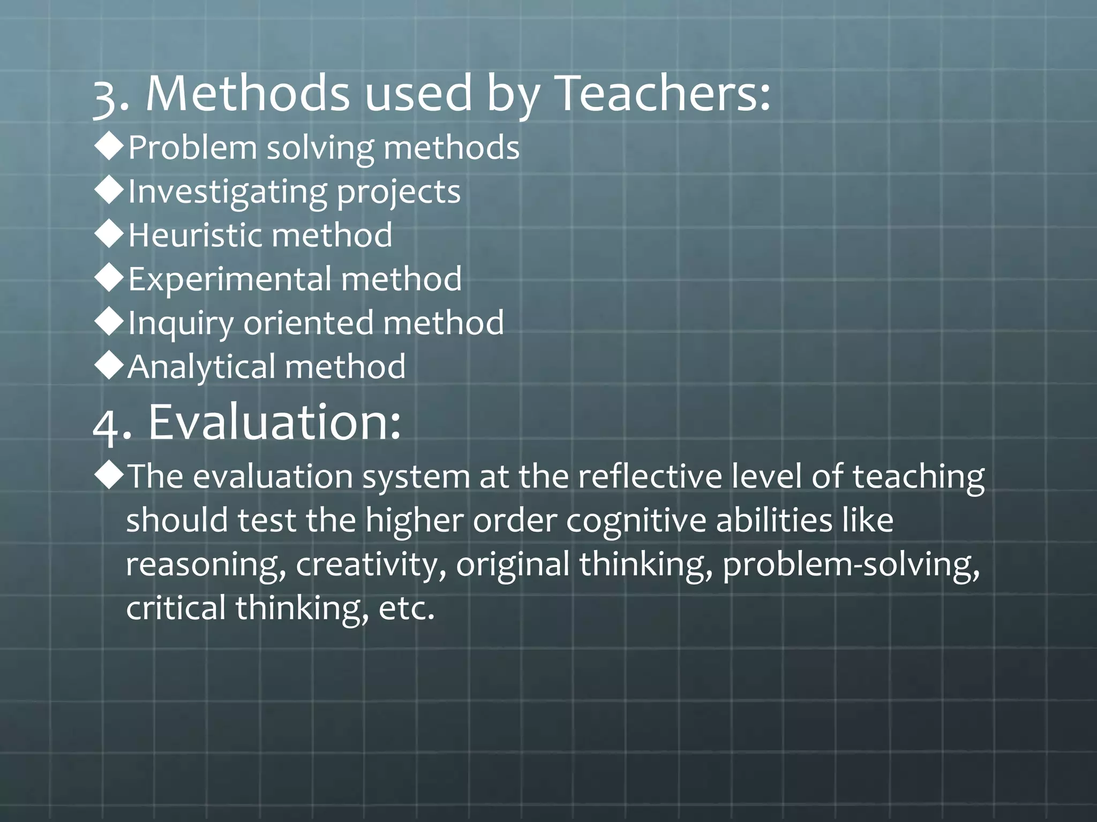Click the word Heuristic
point(196,235)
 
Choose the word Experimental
point(229,279)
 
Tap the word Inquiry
point(181,323)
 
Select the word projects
point(399,192)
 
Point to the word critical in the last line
point(176,608)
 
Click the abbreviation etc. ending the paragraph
point(406,608)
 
